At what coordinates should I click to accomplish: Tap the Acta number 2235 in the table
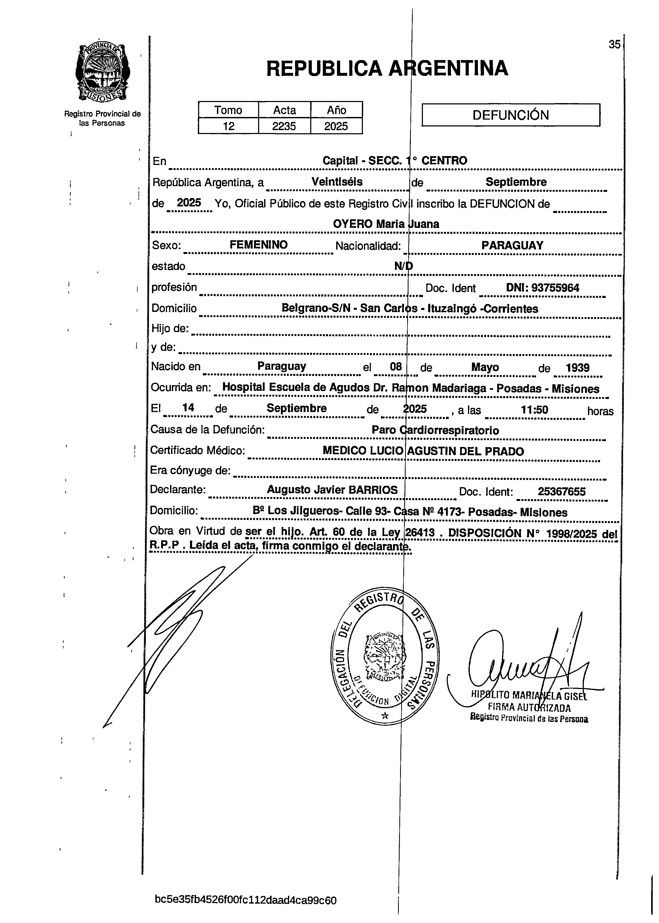coord(284,126)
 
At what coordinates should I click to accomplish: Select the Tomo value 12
coord(228,126)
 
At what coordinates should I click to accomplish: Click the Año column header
coord(336,110)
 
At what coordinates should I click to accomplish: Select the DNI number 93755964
coord(543,288)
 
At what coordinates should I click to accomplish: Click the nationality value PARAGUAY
coord(512,245)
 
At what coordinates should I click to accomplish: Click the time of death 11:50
coord(534,410)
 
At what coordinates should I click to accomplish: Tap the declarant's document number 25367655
coord(561,492)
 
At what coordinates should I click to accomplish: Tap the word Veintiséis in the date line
coord(337,182)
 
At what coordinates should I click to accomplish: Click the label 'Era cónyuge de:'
coord(190,471)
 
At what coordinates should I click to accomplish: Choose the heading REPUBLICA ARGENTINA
coord(387,68)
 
